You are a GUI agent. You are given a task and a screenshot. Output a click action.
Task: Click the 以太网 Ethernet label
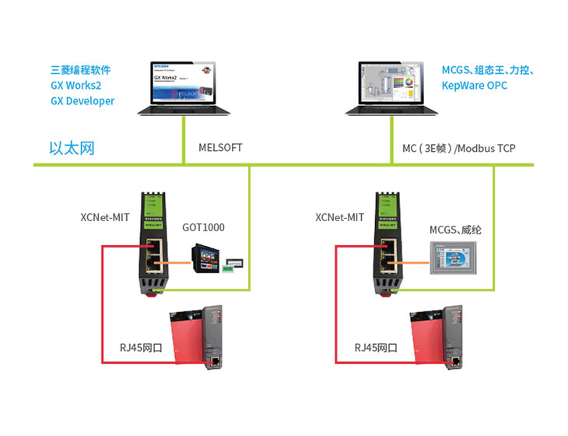click(72, 148)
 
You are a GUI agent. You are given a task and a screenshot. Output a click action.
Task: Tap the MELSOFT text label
click(221, 147)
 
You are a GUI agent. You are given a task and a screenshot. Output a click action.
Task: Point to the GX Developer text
click(82, 101)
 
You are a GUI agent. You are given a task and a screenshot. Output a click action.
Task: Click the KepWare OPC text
click(474, 86)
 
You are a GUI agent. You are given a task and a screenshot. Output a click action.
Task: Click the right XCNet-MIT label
click(340, 218)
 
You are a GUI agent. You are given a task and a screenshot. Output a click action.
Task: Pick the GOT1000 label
click(203, 228)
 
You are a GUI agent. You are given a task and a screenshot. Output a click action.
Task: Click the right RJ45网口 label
click(377, 347)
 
